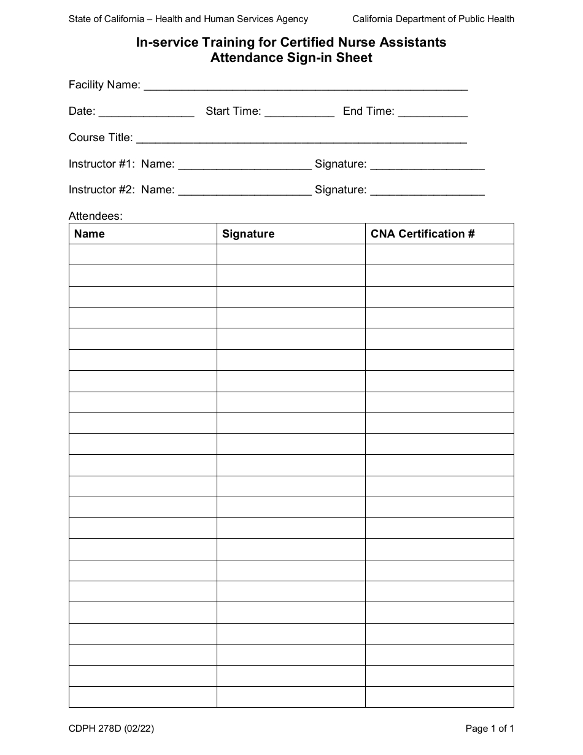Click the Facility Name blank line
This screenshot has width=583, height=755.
pos(305,87)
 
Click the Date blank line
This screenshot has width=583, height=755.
pos(146,113)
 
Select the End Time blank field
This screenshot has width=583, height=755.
pos(433,113)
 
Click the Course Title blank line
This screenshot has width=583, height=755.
pos(301,139)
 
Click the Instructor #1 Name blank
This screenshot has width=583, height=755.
pos(244,166)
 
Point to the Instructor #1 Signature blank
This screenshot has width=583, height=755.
pos(427,166)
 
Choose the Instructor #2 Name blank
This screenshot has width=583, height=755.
pos(244,192)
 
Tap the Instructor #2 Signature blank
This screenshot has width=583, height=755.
pos(427,192)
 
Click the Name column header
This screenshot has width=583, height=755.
pos(90,234)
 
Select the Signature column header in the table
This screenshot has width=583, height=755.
pos(248,234)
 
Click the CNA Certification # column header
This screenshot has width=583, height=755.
pos(423,234)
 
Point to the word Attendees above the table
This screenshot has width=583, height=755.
pos(96,216)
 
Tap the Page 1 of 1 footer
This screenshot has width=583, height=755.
pos(490,729)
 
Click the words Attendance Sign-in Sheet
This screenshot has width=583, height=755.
pos(291,58)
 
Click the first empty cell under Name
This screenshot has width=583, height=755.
pos(143,255)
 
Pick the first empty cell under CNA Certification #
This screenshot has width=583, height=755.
pos(439,255)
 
